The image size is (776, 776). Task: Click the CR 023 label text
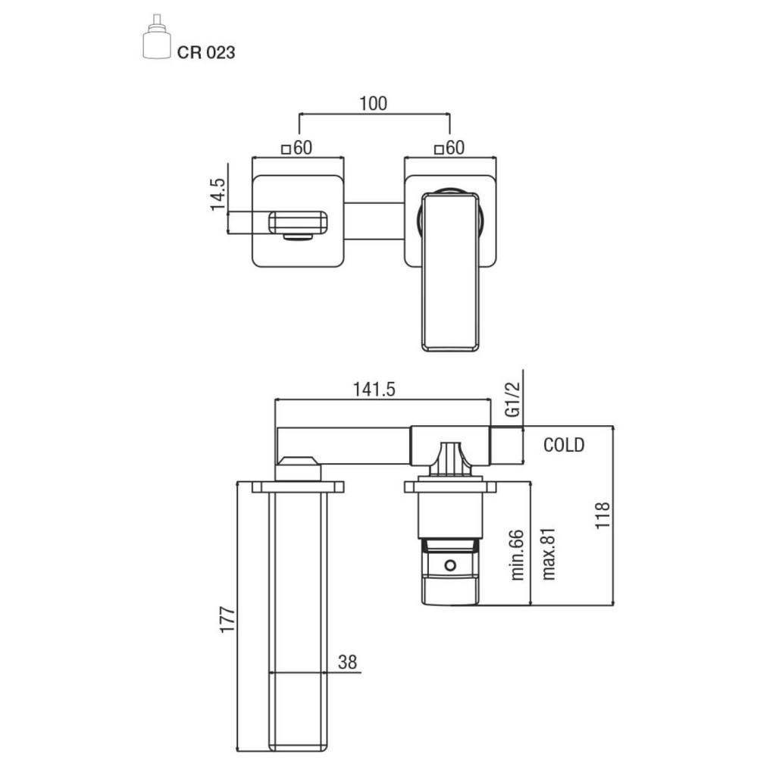[x=206, y=52]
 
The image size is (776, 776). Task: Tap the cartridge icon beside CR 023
[x=158, y=37]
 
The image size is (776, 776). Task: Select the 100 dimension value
[x=373, y=103]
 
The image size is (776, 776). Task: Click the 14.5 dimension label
[x=217, y=195]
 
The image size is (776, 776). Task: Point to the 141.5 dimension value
[x=374, y=390]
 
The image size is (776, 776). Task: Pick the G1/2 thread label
[x=513, y=399]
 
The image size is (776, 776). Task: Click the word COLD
[x=564, y=445]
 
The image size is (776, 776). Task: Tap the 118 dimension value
[x=602, y=515]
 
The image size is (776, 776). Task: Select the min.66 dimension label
[x=517, y=554]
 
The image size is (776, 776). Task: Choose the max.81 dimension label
[x=549, y=554]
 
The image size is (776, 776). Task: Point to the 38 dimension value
[x=347, y=662]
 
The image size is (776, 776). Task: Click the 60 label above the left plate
[x=303, y=148]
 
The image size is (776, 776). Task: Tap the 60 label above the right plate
[x=455, y=148]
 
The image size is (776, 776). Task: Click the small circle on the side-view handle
[x=450, y=565]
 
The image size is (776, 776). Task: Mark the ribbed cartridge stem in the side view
[x=450, y=458]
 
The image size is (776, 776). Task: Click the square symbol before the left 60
[x=286, y=149]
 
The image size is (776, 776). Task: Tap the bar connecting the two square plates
[x=374, y=222]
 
